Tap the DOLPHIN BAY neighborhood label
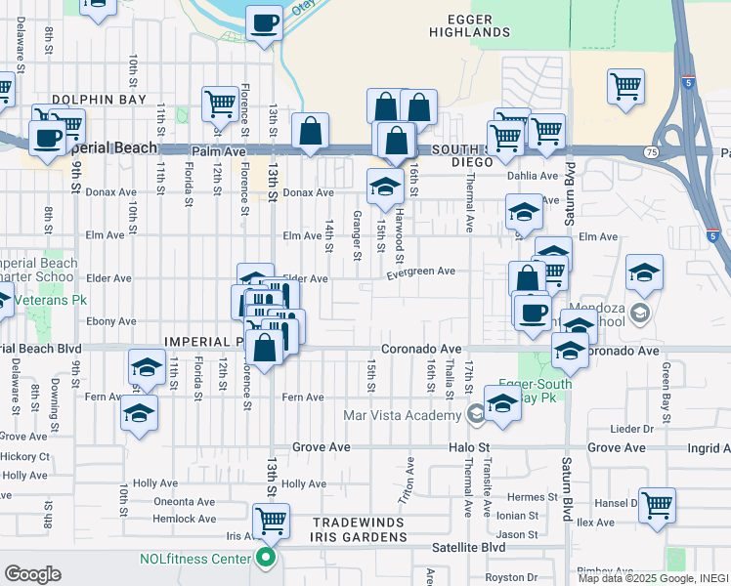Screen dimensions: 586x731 pyautogui.click(x=99, y=100)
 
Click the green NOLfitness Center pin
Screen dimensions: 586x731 pyautogui.click(x=264, y=560)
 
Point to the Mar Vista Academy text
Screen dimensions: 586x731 pyautogui.click(x=402, y=415)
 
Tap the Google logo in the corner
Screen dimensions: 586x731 pyautogui.click(x=32, y=574)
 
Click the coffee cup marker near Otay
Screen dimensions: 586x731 pyautogui.click(x=263, y=22)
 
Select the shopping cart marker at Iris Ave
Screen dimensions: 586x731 pyautogui.click(x=271, y=521)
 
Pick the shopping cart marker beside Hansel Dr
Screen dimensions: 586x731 pyautogui.click(x=657, y=505)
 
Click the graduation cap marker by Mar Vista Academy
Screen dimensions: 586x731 pyautogui.click(x=502, y=402)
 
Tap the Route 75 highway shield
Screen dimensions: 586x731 pyautogui.click(x=650, y=152)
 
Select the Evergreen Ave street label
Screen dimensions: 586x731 pyautogui.click(x=421, y=272)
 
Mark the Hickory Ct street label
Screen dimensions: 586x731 pyautogui.click(x=25, y=456)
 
